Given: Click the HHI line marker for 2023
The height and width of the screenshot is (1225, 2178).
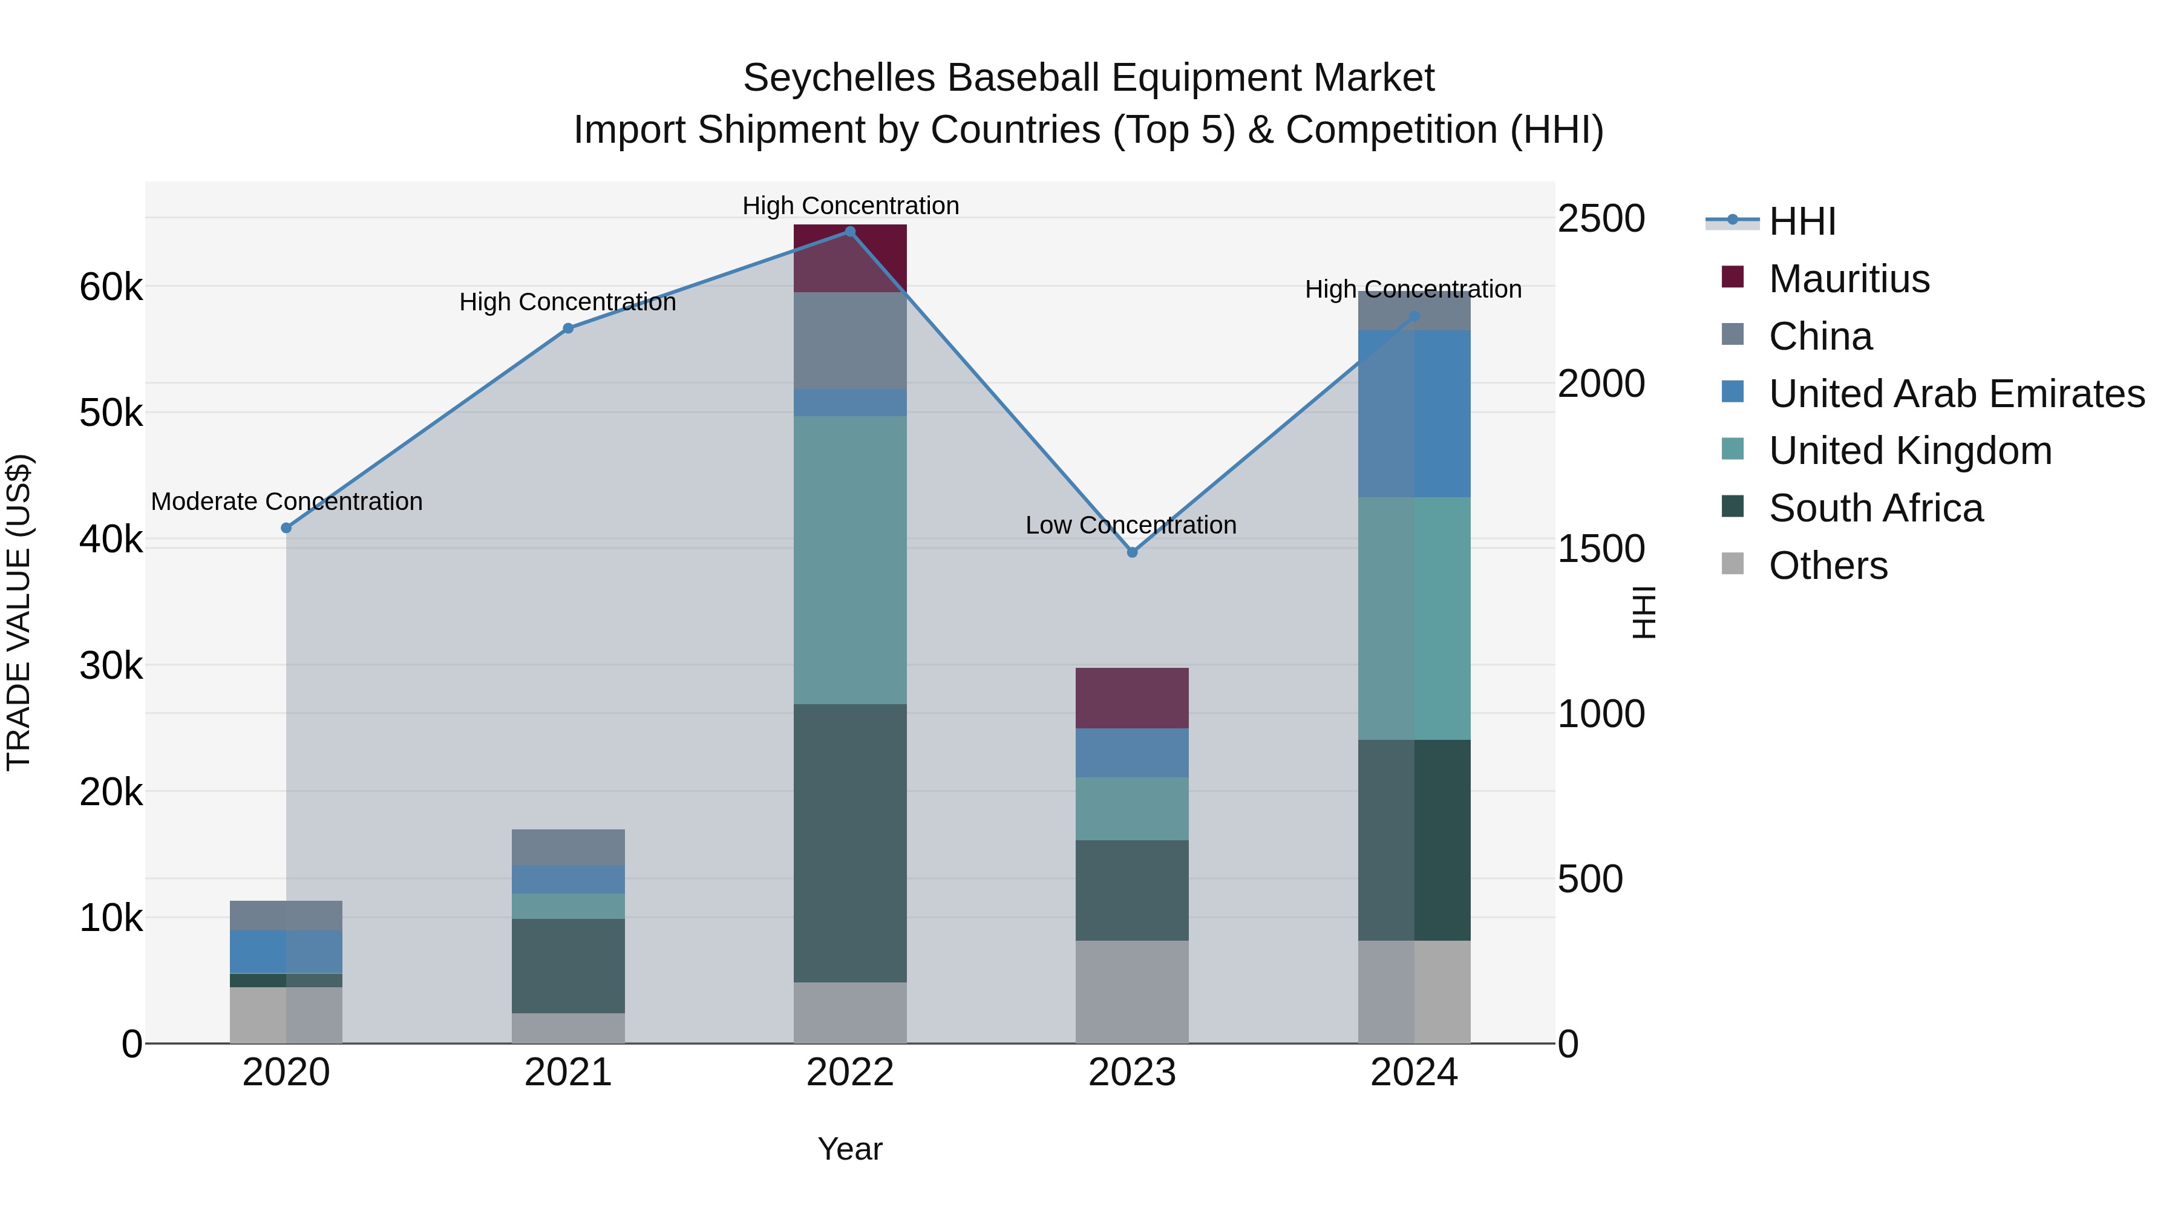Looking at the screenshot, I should pos(1132,552).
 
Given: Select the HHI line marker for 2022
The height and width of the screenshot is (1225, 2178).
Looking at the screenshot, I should pos(850,232).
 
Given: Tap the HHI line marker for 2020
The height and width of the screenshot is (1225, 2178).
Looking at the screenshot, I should pos(286,528).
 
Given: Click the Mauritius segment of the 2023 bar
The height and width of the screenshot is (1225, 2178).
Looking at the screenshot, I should pos(1131,697).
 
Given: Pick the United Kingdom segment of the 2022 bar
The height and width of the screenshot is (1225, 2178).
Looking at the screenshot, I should pos(850,560).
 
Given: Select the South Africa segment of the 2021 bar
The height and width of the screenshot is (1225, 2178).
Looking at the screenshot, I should pos(568,965).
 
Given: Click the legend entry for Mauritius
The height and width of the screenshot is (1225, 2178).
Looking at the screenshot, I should pos(1848,279).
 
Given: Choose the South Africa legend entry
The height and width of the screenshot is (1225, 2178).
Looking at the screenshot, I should pos(1875,508).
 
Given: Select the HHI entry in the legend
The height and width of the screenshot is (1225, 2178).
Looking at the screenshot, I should pos(1801,221).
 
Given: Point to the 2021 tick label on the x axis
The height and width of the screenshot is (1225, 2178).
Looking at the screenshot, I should pos(568,1073).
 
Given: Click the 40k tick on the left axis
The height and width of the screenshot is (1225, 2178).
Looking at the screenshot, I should pos(111,540).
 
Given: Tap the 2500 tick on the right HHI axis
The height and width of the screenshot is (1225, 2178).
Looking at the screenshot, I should pos(1600,219).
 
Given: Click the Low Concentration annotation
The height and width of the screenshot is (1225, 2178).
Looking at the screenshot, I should pos(1130,525).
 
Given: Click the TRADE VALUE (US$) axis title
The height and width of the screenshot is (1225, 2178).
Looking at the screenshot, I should pos(19,612).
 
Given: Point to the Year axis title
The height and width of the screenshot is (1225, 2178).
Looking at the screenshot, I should pos(850,1149).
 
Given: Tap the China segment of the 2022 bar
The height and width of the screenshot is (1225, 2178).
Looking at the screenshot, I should pos(850,341).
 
